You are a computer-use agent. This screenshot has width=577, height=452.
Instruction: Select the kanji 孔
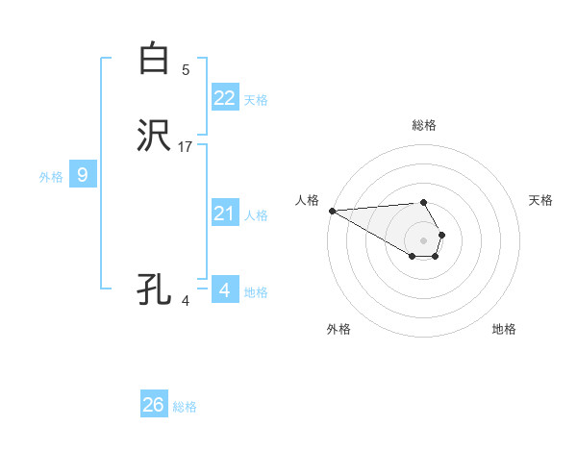click(154, 289)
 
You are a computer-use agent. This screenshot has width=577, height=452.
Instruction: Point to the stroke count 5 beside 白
click(186, 69)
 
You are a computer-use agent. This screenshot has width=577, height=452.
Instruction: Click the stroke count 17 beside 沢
click(186, 147)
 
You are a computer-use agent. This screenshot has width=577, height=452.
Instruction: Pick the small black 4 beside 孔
click(186, 300)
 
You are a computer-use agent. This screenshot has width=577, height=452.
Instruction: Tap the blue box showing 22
click(224, 98)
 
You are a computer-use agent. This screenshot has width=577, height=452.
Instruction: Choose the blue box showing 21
click(224, 213)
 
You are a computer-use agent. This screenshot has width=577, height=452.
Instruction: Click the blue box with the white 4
click(224, 289)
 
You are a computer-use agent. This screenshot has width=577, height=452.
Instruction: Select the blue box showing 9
click(83, 175)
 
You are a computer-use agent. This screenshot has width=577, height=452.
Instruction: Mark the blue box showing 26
click(153, 405)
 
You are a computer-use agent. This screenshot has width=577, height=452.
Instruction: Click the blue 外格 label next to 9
click(51, 177)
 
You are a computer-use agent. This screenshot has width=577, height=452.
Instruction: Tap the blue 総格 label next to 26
click(185, 407)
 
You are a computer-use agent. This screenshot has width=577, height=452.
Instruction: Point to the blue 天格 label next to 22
click(256, 100)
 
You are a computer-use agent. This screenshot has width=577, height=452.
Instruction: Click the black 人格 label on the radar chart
click(307, 200)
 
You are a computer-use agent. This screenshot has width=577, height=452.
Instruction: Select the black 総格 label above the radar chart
click(423, 125)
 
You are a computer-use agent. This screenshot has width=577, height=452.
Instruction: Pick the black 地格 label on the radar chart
click(504, 329)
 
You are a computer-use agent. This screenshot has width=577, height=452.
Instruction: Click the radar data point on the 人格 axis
click(332, 211)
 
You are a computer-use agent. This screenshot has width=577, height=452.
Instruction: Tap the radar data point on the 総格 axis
click(423, 202)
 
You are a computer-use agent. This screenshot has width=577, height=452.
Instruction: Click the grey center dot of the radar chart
click(423, 239)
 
